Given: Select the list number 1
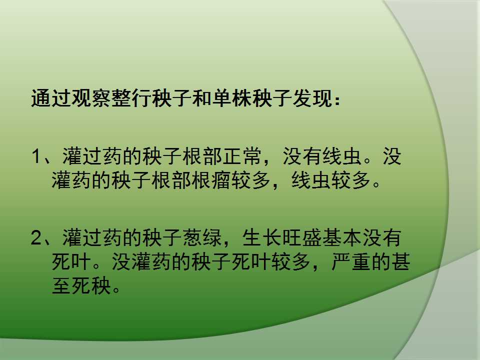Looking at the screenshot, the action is pos(36,156).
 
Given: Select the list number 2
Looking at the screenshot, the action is pos(36,238).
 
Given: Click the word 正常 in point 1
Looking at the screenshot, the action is pos(242,156).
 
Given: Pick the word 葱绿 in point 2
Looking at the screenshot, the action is pos(202,238).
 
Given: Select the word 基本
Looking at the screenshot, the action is pos(342,238).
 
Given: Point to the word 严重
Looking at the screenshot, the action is pos(351,261).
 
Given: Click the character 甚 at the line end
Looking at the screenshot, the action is pos(400,261).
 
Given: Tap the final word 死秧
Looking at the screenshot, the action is pos(91,285).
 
